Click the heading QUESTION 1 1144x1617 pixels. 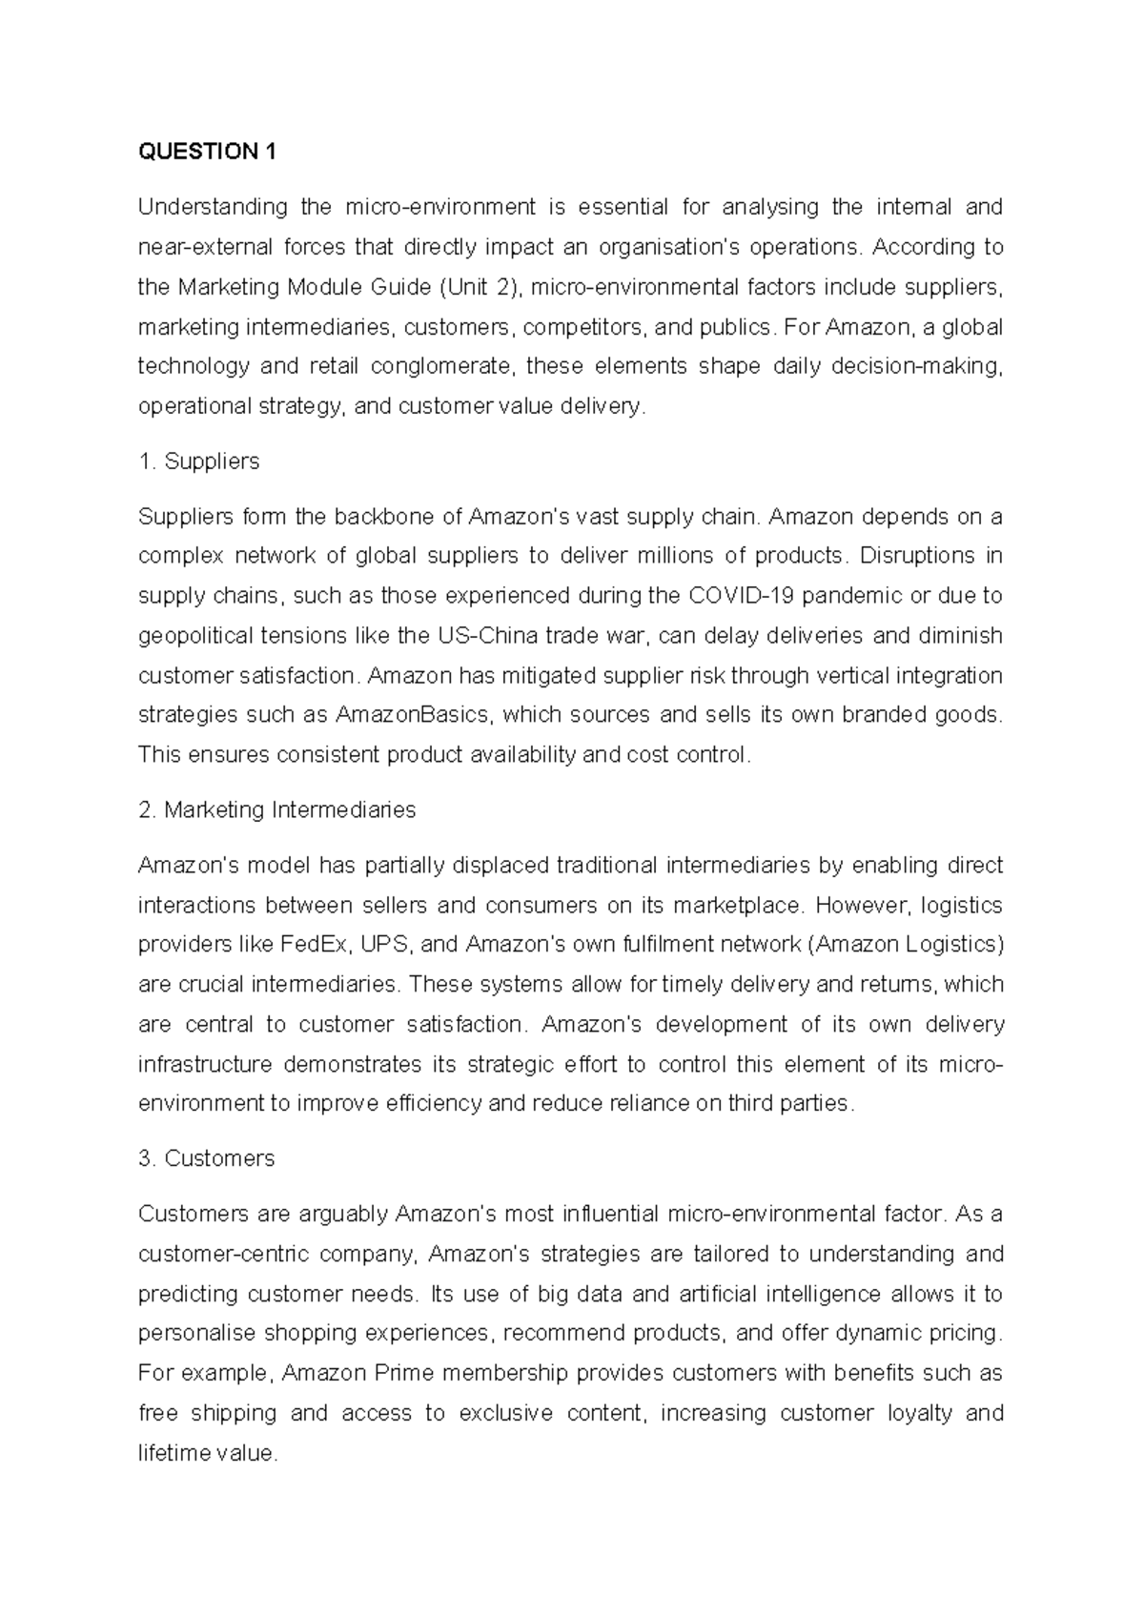pyautogui.click(x=207, y=152)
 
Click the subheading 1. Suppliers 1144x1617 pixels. pyautogui.click(x=198, y=461)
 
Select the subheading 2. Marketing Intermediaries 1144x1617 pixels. pyautogui.click(x=276, y=810)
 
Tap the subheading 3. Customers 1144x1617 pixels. pyautogui.click(x=206, y=1158)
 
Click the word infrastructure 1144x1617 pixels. pyautogui.click(x=205, y=1064)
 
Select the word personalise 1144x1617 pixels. pyautogui.click(x=195, y=1334)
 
